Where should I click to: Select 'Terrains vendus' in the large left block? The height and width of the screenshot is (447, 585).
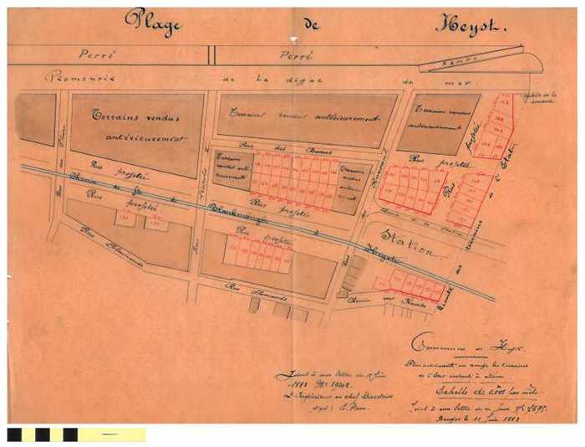coord(130,116)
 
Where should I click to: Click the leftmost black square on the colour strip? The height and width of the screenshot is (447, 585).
coord(14,434)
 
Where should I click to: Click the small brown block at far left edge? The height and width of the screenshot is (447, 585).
coord(35,118)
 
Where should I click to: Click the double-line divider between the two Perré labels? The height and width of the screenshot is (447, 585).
coord(211,54)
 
